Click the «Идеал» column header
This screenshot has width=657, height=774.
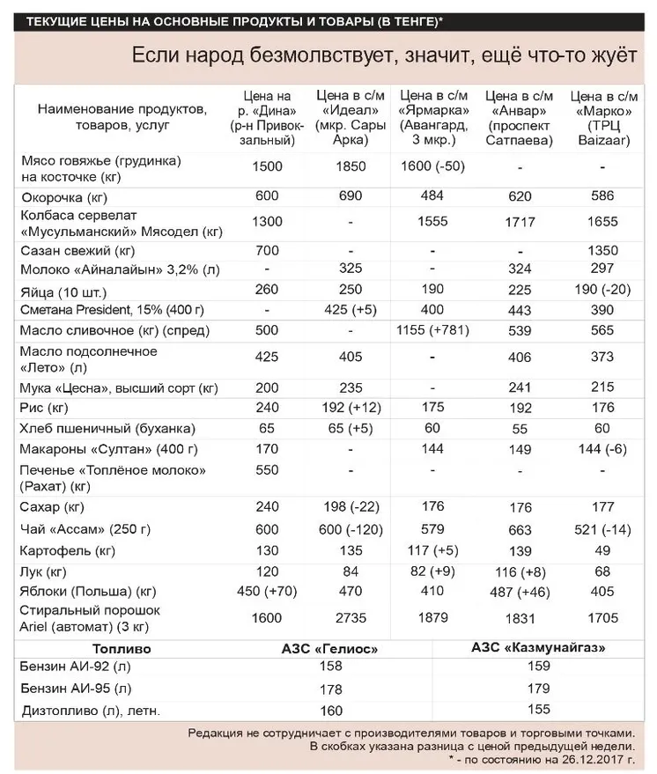350,117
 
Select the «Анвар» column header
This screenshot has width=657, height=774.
520,117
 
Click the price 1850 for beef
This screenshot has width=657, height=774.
350,166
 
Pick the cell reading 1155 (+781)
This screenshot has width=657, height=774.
434,330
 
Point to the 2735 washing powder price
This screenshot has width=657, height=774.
350,619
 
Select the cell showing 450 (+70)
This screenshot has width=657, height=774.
266,591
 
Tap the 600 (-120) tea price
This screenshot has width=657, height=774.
350,529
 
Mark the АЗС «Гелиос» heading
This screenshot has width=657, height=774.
329,649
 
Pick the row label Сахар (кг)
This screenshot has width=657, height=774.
52,507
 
